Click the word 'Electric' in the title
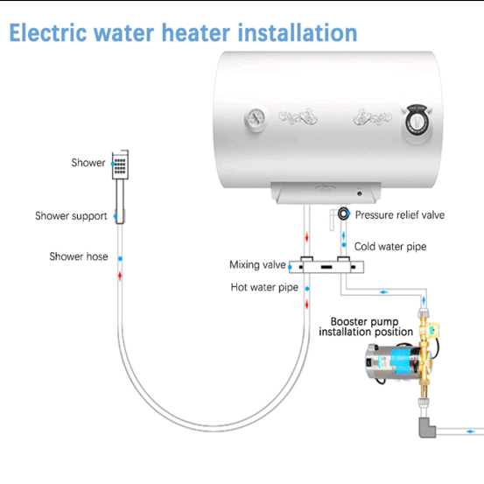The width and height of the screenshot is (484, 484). tap(48, 32)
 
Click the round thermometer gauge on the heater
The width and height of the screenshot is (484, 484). tap(256, 119)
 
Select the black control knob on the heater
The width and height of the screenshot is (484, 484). tap(417, 122)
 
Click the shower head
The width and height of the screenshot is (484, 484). tap(120, 165)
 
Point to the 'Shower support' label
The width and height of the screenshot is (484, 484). tap(71, 216)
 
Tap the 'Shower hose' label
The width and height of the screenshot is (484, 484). tap(79, 256)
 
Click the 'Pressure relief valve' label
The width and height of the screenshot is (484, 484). tap(400, 215)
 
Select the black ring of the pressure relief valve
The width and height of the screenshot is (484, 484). tap(343, 214)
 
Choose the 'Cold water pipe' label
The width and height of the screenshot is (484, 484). tap(390, 247)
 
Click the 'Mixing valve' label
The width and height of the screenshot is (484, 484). tap(257, 265)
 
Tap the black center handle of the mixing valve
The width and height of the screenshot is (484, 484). tap(326, 267)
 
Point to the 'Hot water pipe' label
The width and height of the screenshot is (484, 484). tap(264, 287)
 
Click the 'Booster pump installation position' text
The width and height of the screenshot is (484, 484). tap(366, 326)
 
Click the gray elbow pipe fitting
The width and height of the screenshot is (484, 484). tap(427, 427)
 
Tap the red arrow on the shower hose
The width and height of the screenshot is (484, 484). tap(120, 276)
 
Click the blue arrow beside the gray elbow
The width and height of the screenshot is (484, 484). tap(470, 431)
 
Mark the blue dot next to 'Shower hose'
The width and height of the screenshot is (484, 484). tap(120, 258)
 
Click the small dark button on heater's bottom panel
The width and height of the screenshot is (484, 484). tap(360, 193)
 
